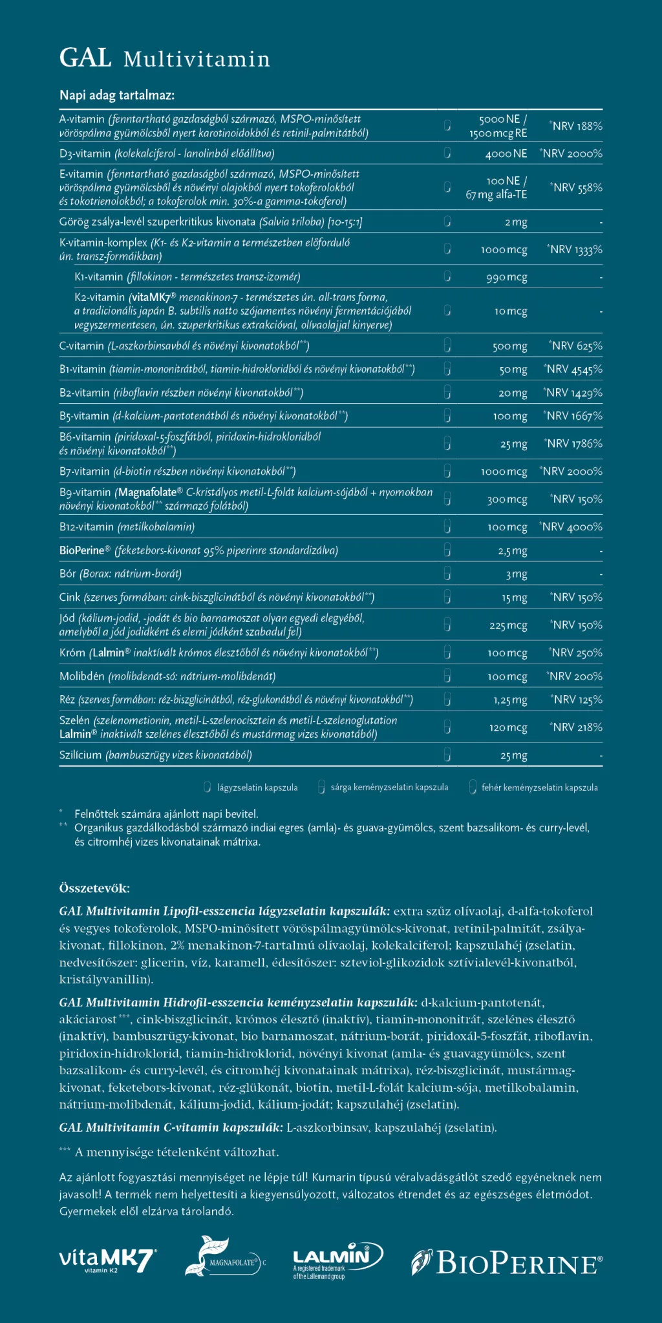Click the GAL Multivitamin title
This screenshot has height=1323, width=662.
164,59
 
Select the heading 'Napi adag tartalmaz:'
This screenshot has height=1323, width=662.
117,96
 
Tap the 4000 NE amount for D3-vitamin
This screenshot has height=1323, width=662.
506,154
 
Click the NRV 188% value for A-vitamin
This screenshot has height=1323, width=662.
577,126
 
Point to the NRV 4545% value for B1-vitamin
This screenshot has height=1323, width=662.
573,370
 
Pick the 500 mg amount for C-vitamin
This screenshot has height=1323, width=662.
510,346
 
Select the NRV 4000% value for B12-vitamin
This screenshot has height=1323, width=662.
571,527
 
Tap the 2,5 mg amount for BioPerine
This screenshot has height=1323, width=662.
513,551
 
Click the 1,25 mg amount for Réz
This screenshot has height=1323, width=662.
510,700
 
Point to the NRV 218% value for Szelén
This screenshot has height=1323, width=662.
577,727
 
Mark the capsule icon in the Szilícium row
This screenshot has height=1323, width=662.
447,755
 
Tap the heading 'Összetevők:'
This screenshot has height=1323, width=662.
94,888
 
